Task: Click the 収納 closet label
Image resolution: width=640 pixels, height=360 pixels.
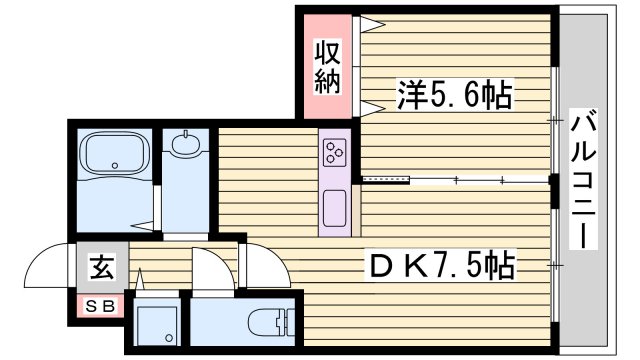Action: [328, 66]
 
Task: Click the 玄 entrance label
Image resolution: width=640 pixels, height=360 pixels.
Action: [100, 267]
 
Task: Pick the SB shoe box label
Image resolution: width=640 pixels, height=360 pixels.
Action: [100, 304]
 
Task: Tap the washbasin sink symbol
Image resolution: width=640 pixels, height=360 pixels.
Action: [186, 146]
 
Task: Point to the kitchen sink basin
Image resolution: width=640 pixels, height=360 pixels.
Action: [334, 208]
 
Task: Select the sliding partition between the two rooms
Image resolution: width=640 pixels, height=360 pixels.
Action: [455, 181]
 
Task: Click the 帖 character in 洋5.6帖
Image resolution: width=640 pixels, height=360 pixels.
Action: [497, 96]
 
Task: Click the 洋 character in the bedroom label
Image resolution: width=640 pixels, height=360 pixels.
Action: [409, 96]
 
